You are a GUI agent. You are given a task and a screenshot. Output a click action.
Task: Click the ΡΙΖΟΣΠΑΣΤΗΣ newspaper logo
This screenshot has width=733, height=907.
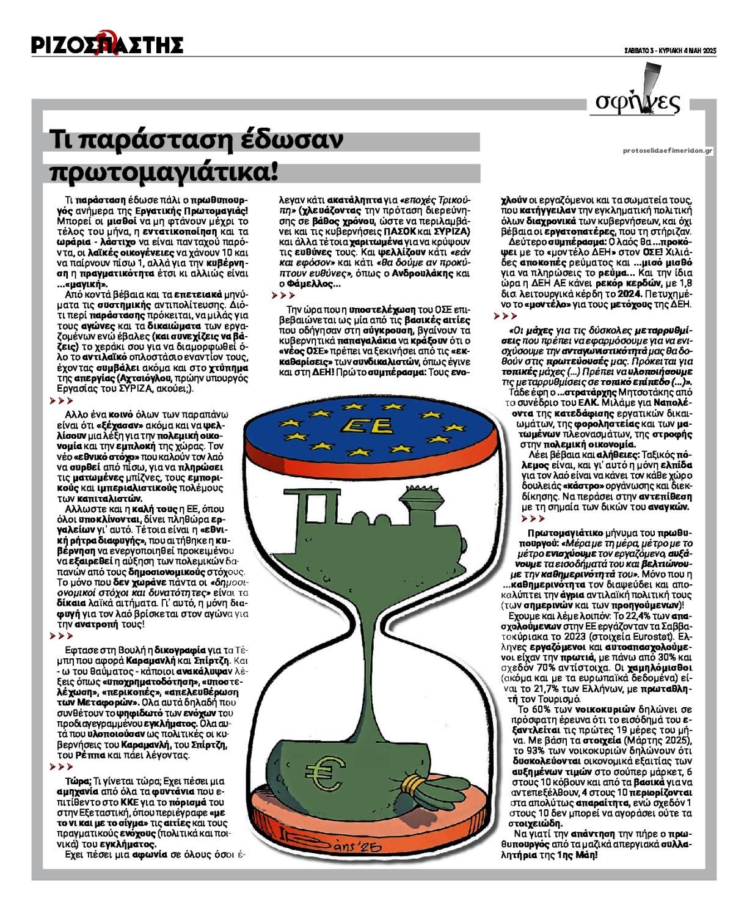tap(108, 44)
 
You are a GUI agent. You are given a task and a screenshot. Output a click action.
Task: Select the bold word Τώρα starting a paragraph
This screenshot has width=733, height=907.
tap(78, 781)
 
